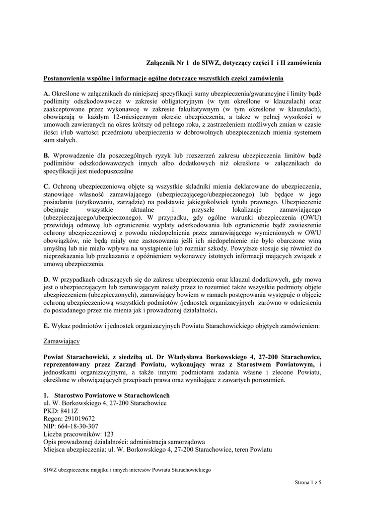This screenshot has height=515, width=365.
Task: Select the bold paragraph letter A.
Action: tap(47, 94)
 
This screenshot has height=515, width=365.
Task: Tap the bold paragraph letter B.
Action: tap(46, 156)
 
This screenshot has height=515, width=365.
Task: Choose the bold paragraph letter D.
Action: tap(47, 280)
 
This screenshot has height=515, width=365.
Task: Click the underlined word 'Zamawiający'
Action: tap(62, 341)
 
